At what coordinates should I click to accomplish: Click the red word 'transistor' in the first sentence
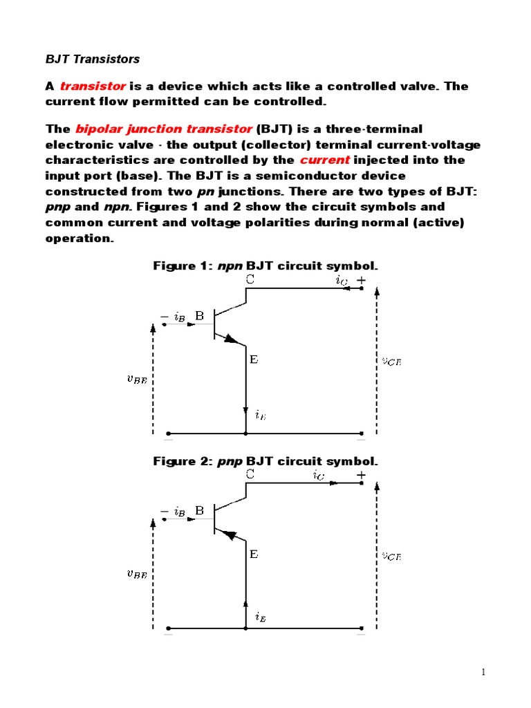(x=93, y=86)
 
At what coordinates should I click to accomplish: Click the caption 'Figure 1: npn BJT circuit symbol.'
(x=265, y=265)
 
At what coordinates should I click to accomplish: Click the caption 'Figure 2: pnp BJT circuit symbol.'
(x=265, y=460)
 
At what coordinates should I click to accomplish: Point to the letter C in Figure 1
(x=250, y=279)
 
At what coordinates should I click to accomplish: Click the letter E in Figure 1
(x=254, y=360)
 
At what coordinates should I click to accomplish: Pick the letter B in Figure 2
(x=200, y=511)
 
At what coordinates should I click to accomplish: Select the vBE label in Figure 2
(x=135, y=572)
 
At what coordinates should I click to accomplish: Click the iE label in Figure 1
(x=260, y=415)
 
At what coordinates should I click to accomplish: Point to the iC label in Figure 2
(x=319, y=475)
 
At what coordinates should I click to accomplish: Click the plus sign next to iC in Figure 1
(x=361, y=280)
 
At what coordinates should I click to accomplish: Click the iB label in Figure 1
(x=179, y=317)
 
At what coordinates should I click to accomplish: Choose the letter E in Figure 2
(x=254, y=555)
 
